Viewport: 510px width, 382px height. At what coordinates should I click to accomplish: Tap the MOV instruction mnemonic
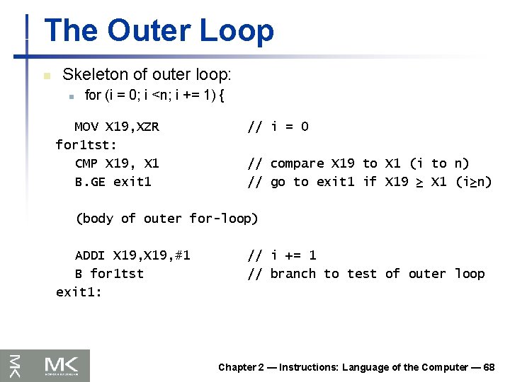pos(86,127)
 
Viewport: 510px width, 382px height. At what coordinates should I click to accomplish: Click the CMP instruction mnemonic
pos(86,164)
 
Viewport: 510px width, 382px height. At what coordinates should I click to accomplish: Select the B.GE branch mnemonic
pos(90,183)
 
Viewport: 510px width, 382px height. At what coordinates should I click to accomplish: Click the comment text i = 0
pos(290,127)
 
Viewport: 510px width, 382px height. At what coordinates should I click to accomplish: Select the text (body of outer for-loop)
pos(166,219)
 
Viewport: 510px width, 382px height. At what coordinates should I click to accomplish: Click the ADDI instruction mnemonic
pos(90,255)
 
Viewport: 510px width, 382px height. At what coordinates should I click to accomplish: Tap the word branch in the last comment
pos(293,274)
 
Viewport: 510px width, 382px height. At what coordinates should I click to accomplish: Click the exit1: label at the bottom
pos(79,291)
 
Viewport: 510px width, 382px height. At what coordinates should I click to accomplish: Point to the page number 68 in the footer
pos(488,367)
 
